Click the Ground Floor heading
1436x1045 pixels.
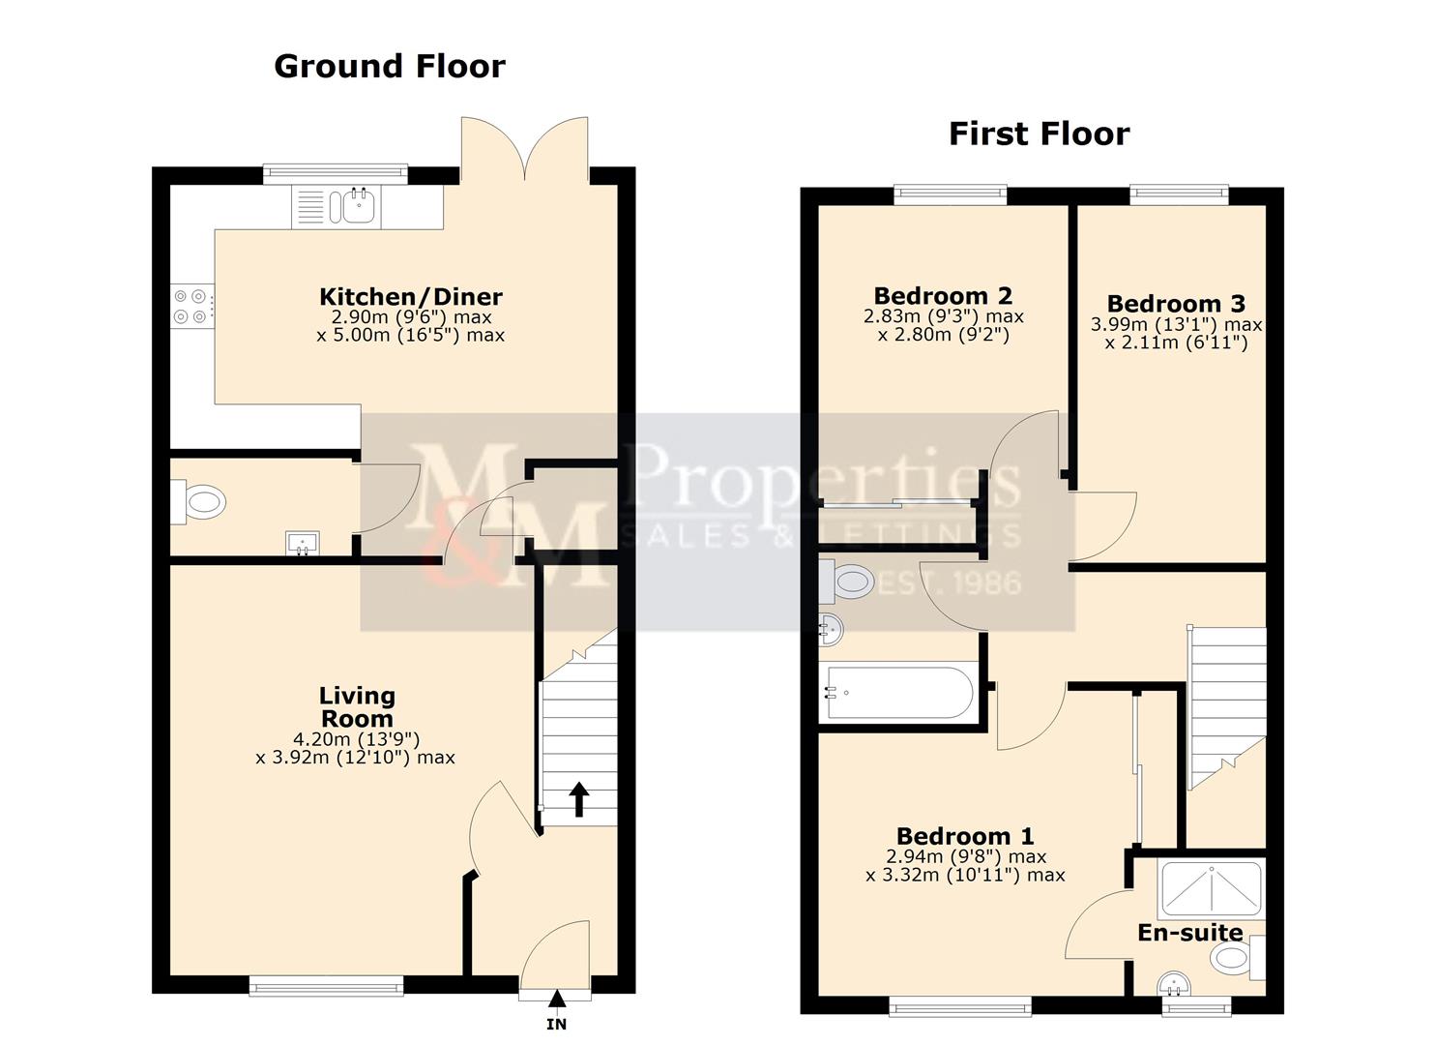[389, 67]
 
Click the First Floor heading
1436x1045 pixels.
[1039, 134]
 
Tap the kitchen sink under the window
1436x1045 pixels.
[336, 206]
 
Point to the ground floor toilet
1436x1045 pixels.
[198, 501]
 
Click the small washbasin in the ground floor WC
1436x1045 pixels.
[303, 543]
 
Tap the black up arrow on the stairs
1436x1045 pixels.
[579, 798]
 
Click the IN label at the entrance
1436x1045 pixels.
[556, 1025]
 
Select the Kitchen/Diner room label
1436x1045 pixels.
[411, 296]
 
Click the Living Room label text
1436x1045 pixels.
[357, 706]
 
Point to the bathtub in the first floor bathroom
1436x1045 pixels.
[900, 693]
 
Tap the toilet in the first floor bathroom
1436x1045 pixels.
[846, 582]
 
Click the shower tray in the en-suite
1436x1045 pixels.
[1211, 889]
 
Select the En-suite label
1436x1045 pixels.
[1189, 933]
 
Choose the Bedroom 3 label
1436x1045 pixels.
[1176, 304]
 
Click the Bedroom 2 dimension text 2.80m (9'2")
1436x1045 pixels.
[943, 335]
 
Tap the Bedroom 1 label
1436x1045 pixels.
[965, 837]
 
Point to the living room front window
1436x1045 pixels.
[326, 987]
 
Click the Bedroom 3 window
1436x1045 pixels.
[1179, 194]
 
